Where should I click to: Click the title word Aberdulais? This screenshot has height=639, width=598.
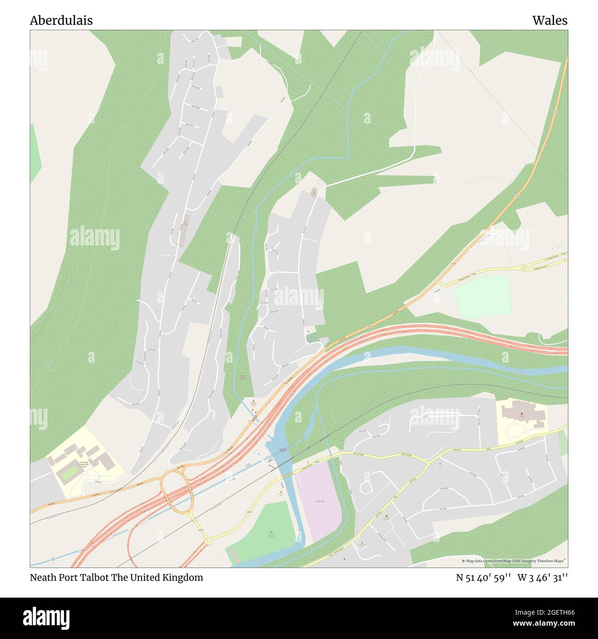pyautogui.click(x=61, y=20)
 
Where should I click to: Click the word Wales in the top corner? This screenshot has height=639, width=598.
pyautogui.click(x=550, y=20)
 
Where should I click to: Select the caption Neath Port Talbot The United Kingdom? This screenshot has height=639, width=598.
pyautogui.click(x=116, y=577)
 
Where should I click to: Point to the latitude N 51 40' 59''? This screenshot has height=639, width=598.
pyautogui.click(x=483, y=577)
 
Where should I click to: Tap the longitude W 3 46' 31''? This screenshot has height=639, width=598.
pyautogui.click(x=542, y=577)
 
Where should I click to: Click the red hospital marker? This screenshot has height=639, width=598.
pyautogui.click(x=522, y=414)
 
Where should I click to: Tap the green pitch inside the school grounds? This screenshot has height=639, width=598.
pyautogui.click(x=69, y=473)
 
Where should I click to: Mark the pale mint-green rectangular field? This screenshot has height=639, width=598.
pyautogui.click(x=482, y=297)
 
